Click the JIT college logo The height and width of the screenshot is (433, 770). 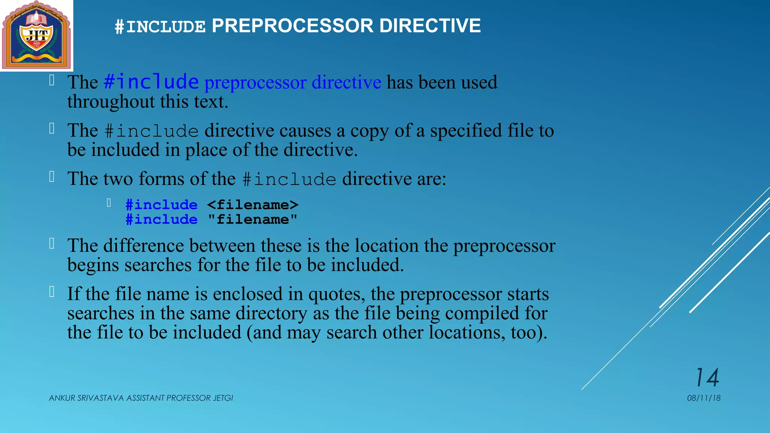click(36, 35)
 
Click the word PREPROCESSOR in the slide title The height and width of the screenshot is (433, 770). click(293, 26)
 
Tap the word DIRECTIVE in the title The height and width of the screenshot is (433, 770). click(430, 26)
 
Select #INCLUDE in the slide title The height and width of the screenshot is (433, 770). click(160, 27)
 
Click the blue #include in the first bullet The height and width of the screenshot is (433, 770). click(151, 82)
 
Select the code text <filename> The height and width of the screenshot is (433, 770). click(253, 205)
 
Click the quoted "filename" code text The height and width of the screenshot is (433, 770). click(252, 220)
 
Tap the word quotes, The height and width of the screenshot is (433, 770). click(336, 294)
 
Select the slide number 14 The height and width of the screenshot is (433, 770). click(707, 377)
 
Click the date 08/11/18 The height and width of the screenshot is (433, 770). click(703, 398)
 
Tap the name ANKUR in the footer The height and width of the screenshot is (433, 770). click(62, 398)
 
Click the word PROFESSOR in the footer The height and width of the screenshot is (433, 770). click(188, 398)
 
